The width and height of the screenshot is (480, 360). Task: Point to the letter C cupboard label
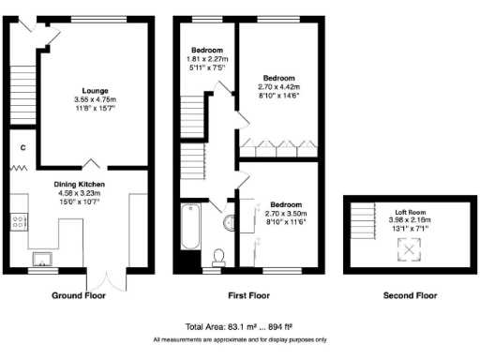22,148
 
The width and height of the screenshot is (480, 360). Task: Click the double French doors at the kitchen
101,280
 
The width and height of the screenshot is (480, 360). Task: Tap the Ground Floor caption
79,295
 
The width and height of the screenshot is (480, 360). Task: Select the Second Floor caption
410,295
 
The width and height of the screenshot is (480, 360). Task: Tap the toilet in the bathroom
219,256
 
